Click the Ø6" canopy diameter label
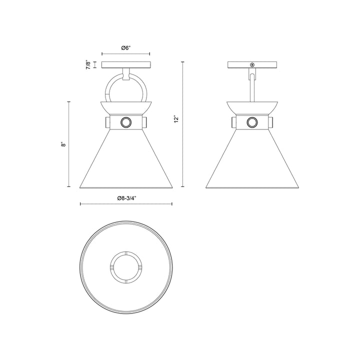tap(126, 47)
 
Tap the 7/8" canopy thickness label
tap(88, 65)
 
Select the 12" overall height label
tap(175, 119)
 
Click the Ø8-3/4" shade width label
tap(126, 198)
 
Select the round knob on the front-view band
tap(126, 122)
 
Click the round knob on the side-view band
tap(253, 122)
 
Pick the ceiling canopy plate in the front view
tap(126, 64)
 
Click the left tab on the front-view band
tap(107, 122)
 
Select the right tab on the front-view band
tap(145, 122)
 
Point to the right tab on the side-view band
tap(272, 122)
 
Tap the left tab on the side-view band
tap(233, 122)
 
